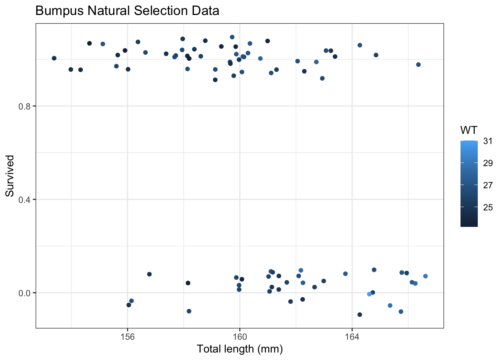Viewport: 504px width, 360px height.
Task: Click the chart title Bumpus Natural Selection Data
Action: [127, 11]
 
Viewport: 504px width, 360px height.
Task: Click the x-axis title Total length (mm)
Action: [240, 349]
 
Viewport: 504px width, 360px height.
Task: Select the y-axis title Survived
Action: [10, 176]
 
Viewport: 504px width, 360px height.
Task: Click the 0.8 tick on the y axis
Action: [24, 106]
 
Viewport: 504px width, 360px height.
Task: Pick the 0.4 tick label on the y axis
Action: [24, 199]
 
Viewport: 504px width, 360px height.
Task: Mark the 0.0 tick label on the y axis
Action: [24, 293]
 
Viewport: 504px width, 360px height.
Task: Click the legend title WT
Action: [469, 130]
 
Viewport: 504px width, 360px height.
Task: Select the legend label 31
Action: [488, 141]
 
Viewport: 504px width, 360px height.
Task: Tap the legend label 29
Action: [488, 163]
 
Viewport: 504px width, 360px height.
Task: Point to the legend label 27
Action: [488, 185]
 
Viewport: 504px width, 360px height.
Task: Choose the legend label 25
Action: [488, 207]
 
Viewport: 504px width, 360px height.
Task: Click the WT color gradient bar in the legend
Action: [469, 184]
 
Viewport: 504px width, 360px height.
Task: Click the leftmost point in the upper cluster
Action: [54, 58]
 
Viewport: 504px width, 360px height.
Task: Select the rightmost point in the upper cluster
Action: [418, 64]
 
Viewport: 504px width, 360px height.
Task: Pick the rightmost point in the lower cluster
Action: [425, 276]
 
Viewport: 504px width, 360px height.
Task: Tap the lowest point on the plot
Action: [360, 315]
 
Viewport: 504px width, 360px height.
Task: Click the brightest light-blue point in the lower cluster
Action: [369, 294]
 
